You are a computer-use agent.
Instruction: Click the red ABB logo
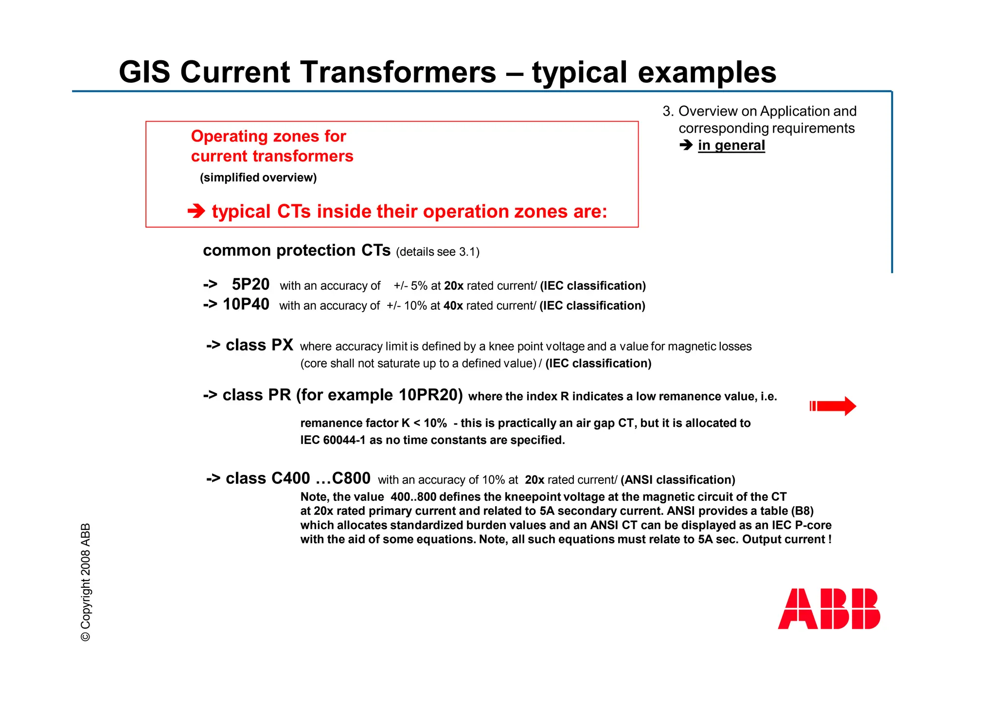tap(829, 609)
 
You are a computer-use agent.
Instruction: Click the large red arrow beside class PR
tap(833, 406)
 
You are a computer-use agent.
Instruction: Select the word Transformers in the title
tap(398, 72)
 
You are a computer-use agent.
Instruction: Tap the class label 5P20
tap(250, 284)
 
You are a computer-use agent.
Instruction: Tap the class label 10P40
tap(246, 304)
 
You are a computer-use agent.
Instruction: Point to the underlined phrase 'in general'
tap(731, 145)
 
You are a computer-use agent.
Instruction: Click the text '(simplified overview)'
tap(258, 177)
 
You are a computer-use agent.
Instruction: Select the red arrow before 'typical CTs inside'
tap(196, 211)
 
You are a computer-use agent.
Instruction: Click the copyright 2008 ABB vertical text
tap(86, 582)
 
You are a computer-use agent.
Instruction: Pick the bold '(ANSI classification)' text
tap(677, 480)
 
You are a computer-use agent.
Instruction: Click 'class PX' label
tap(259, 345)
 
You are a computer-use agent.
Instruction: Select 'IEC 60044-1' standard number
tap(333, 440)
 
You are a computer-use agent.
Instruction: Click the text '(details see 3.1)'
tap(438, 252)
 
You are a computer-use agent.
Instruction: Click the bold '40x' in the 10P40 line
tap(453, 306)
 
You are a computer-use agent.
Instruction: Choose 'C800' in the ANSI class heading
tap(351, 478)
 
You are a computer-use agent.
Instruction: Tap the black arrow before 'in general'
tap(686, 145)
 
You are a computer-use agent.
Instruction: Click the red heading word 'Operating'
tap(224, 136)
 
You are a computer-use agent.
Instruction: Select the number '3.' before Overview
tap(668, 111)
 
